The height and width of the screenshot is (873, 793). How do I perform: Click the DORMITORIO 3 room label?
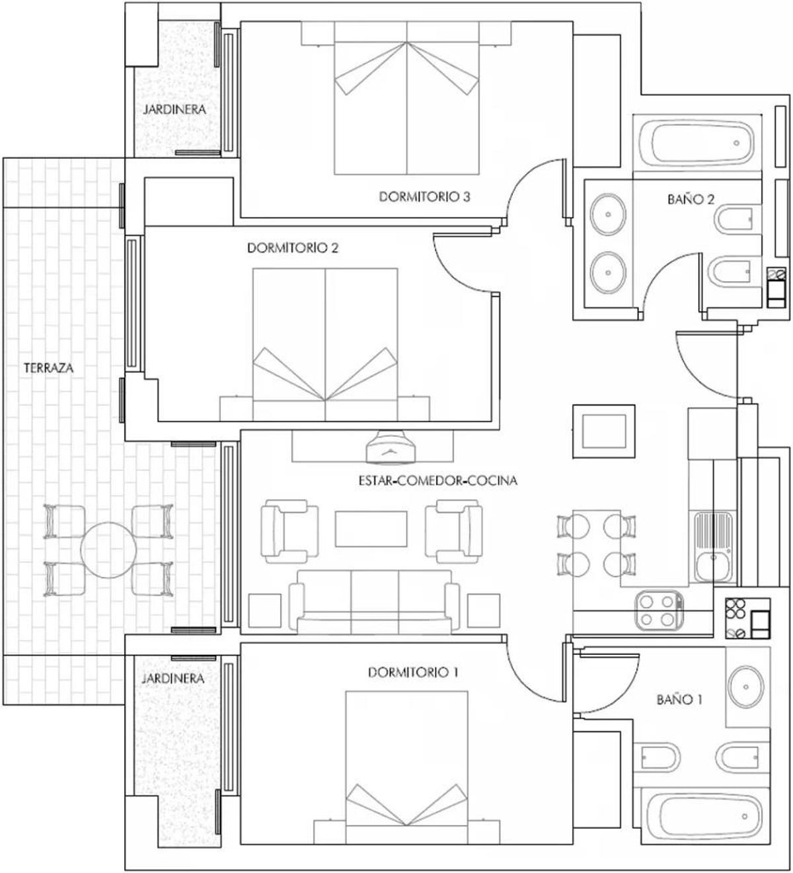click(x=424, y=196)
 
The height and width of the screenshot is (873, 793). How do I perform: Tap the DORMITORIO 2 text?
click(x=293, y=248)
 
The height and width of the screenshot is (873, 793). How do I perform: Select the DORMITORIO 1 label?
click(x=413, y=673)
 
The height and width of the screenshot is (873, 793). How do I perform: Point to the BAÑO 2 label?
click(x=691, y=199)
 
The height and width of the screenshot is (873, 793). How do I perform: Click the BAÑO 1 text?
click(x=679, y=699)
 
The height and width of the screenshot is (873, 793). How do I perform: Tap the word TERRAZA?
click(x=49, y=368)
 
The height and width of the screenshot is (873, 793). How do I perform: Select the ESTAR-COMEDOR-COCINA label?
click(x=437, y=481)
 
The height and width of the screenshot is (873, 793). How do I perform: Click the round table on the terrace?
click(x=108, y=550)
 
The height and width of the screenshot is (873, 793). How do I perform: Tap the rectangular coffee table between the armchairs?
click(x=371, y=528)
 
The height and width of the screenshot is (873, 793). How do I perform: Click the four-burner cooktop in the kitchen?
click(x=658, y=610)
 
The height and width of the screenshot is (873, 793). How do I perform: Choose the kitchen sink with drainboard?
click(x=712, y=546)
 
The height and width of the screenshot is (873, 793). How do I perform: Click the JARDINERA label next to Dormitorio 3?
click(x=174, y=109)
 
